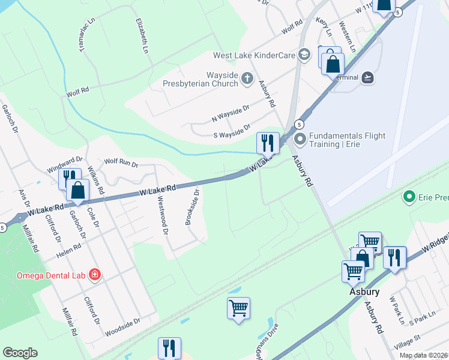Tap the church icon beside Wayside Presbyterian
247,79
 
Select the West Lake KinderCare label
255,55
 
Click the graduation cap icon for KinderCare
304,55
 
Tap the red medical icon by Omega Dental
94,275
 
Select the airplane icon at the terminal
368,77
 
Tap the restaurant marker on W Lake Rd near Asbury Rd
268,143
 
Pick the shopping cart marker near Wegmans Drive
239,308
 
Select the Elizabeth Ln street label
142,35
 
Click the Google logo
20,353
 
